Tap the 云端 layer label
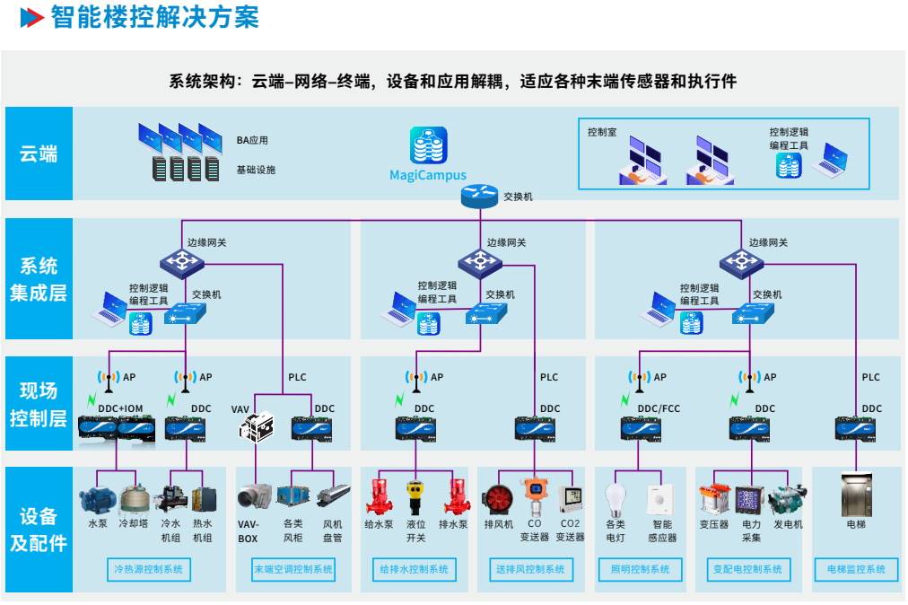(39, 154)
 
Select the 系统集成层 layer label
(39, 279)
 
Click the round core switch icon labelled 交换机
(479, 197)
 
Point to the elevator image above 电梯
(855, 496)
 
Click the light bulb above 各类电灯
(615, 498)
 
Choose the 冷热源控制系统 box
(148, 569)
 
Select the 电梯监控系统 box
(856, 569)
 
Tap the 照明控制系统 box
(641, 569)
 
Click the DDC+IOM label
(120, 409)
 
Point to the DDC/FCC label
(659, 409)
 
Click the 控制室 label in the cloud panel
(602, 132)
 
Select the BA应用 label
(252, 141)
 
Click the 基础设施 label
(256, 170)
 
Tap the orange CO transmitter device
(535, 497)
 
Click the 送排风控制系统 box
(530, 569)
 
